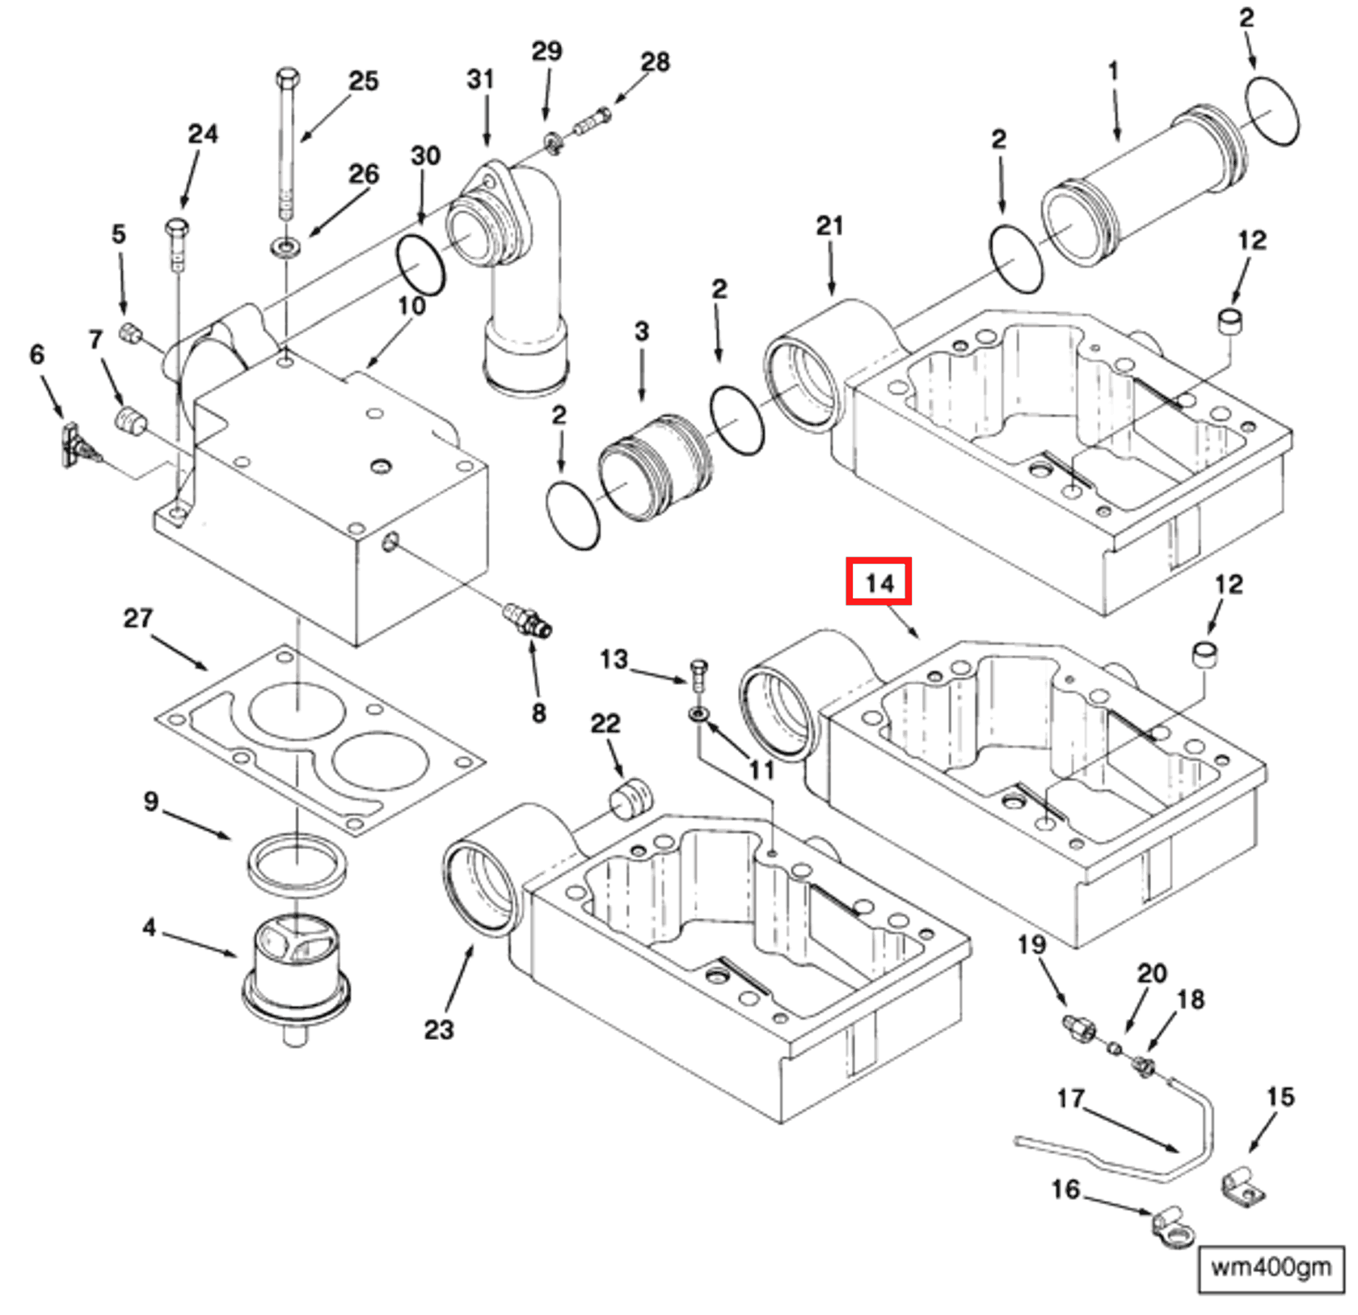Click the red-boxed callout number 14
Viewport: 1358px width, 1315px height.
click(x=879, y=581)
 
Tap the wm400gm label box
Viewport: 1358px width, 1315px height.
click(x=1270, y=1267)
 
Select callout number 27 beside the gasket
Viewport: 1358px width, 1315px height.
click(x=137, y=619)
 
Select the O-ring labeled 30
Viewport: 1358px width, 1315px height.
click(x=420, y=265)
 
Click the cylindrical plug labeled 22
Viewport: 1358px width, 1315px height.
click(x=630, y=798)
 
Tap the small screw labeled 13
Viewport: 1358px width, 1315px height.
click(x=699, y=674)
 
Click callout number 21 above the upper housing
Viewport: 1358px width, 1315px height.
click(x=829, y=226)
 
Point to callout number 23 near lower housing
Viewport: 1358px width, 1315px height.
click(x=439, y=1030)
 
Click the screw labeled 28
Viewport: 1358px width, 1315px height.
click(x=593, y=122)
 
